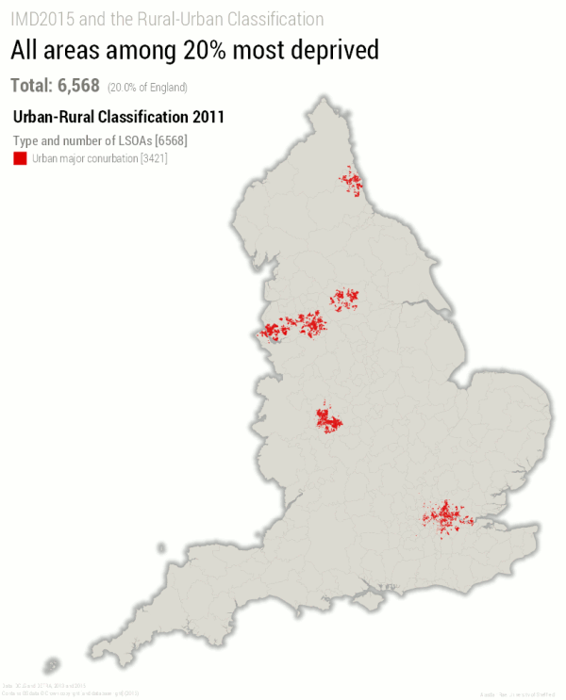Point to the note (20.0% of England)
[x=147, y=88]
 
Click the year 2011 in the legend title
[x=207, y=118]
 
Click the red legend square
[x=19, y=158]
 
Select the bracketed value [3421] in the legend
[x=153, y=158]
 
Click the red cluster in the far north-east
[x=353, y=180]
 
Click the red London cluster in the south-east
[x=444, y=517]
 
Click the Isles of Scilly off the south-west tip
[x=52, y=666]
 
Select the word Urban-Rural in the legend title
[x=53, y=118]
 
